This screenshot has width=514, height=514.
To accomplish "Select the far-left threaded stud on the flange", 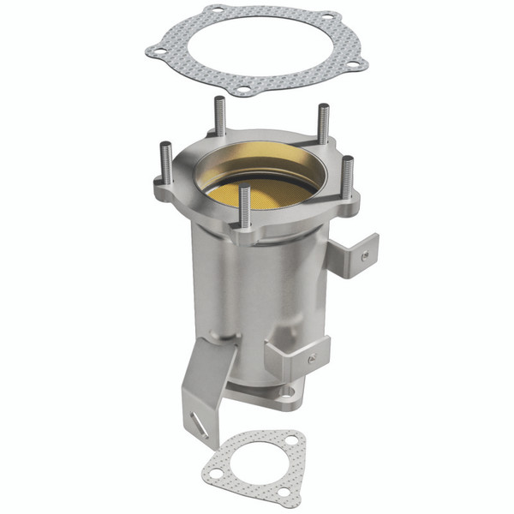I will (x=167, y=163).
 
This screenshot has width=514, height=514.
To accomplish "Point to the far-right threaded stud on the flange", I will (x=347, y=176).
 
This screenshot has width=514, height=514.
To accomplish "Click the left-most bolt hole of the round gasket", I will (x=157, y=51).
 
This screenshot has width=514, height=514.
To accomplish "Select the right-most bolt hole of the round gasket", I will (x=357, y=62).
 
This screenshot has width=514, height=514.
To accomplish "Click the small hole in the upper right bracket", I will (x=365, y=254).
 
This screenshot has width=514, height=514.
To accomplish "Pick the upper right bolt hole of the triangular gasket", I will (x=291, y=440).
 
